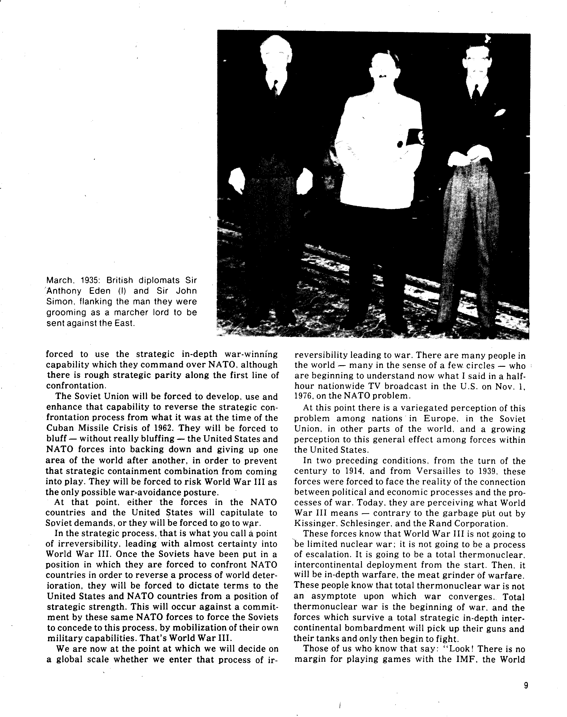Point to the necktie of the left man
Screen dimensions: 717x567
[x=275, y=88]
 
